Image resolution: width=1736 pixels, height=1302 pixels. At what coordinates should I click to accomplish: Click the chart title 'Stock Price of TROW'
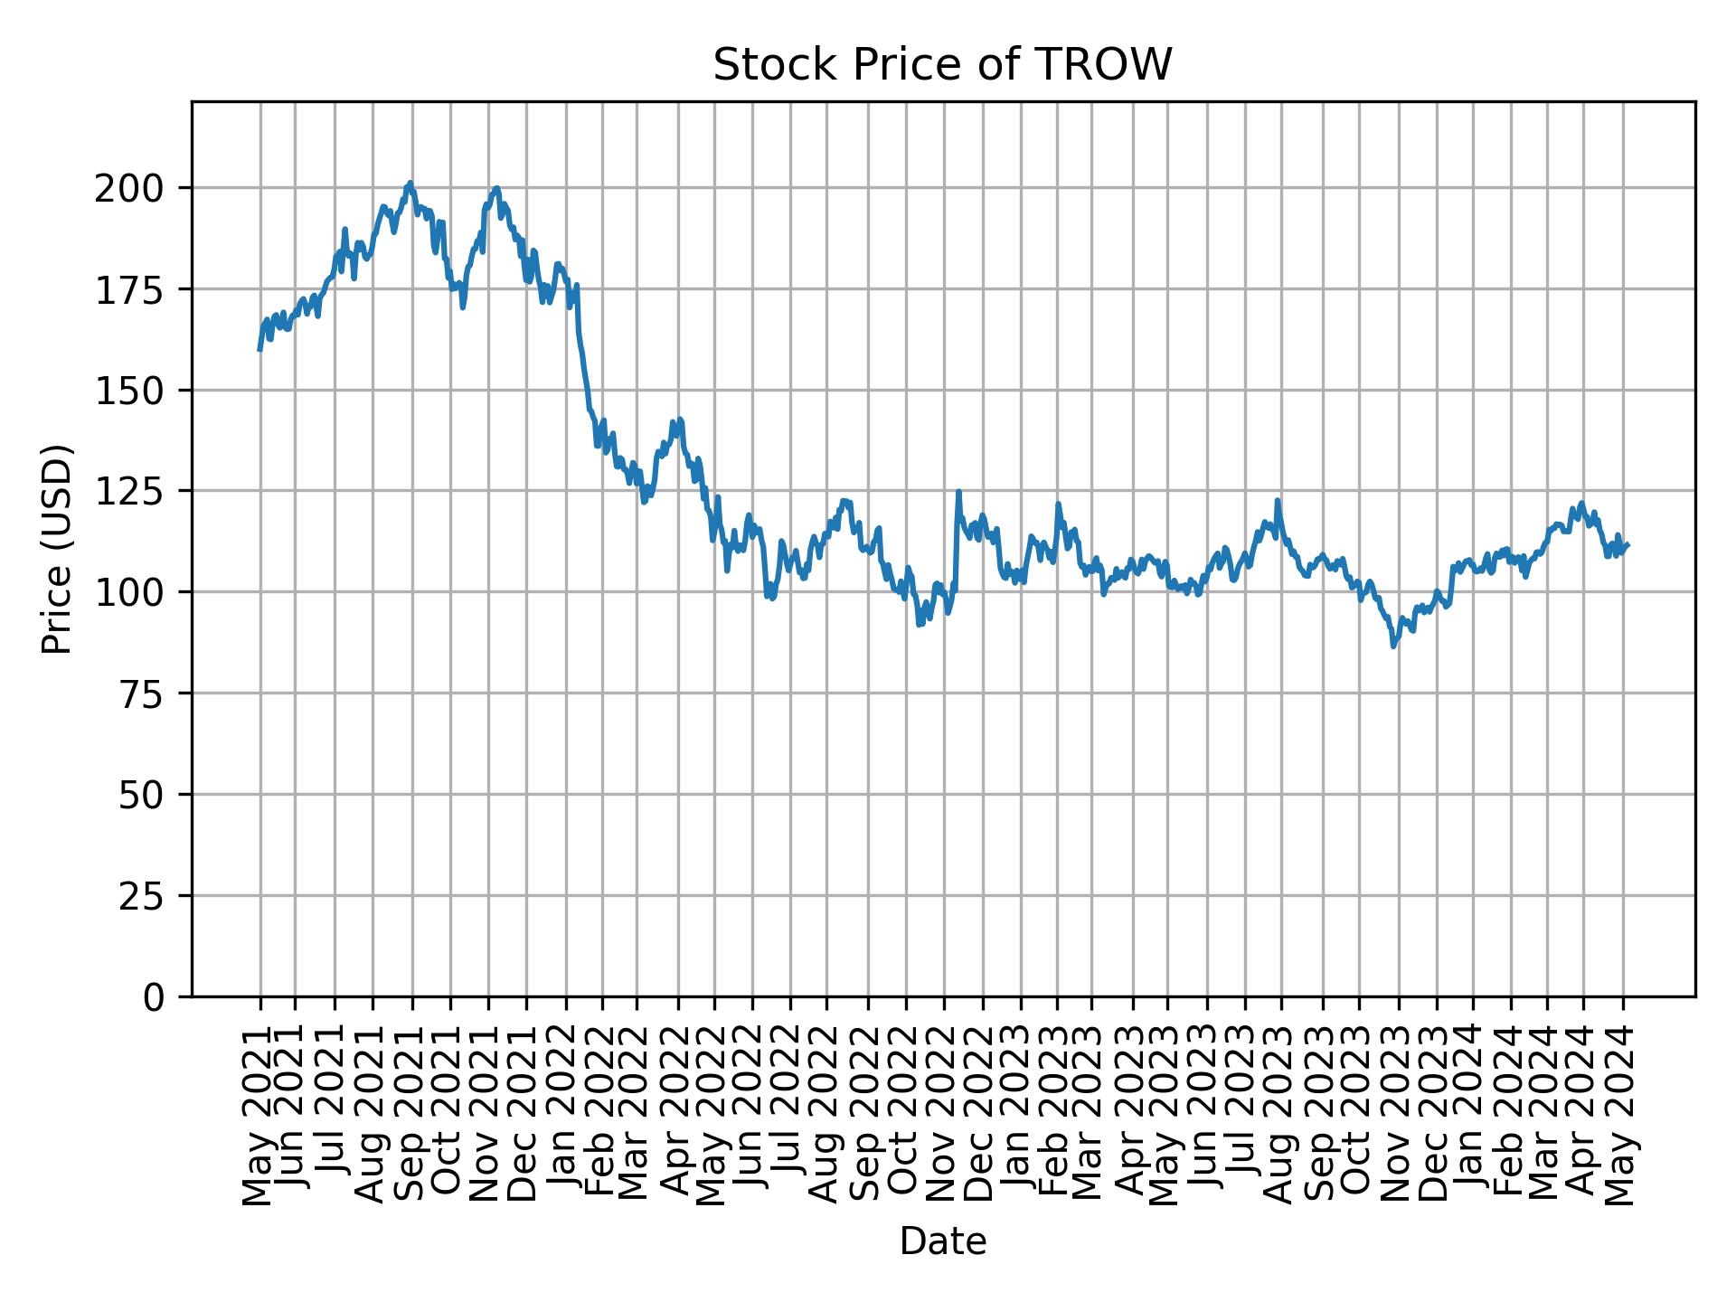[942, 65]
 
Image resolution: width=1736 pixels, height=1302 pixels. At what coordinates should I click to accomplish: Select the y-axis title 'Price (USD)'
[57, 549]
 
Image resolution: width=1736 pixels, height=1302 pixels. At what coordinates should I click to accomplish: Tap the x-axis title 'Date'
[942, 1241]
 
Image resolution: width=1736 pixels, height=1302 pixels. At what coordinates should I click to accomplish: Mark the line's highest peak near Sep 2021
[410, 183]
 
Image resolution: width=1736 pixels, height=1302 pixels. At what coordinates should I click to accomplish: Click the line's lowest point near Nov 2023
[1393, 646]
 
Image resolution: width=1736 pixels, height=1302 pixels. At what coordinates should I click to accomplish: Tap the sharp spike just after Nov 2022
[958, 492]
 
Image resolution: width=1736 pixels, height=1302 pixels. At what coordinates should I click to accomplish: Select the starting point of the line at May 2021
[259, 349]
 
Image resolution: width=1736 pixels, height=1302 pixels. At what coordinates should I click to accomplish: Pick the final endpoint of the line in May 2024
[1627, 544]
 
